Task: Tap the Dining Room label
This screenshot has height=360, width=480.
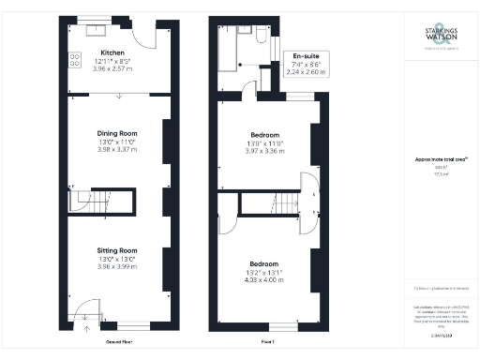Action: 118,133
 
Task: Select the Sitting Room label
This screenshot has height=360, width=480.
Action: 118,250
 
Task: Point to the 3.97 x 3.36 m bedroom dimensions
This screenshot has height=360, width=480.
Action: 263,150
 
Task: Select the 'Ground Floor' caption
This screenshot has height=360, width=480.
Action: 117,343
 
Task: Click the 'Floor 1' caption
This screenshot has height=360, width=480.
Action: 264,343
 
